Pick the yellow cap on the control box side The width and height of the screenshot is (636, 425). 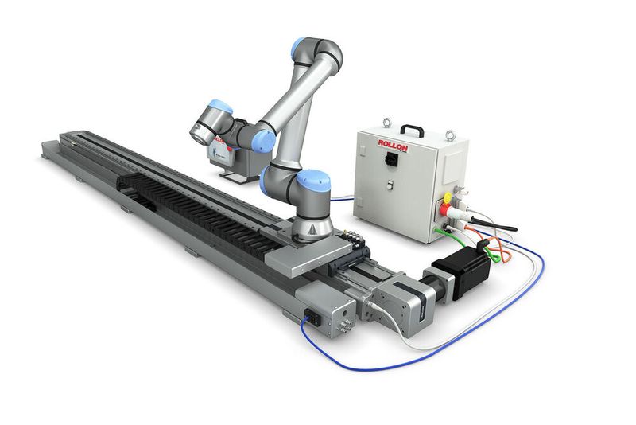coord(449,196)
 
